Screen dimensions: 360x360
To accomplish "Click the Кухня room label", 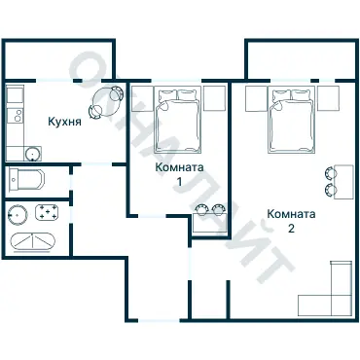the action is (x=64, y=122).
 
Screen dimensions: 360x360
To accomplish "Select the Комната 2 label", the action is (x=291, y=221).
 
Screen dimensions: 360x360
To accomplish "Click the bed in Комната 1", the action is (x=178, y=120).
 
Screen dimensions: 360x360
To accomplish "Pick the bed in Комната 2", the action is (x=291, y=120).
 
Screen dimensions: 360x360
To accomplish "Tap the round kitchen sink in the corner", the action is (x=33, y=154).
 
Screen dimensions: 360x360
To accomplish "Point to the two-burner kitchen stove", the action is (x=16, y=116).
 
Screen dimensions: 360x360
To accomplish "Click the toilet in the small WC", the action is (x=26, y=180).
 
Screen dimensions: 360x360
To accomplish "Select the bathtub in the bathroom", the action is (x=33, y=242).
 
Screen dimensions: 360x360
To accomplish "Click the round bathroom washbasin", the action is (x=18, y=215).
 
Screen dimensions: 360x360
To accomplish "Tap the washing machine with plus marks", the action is (x=48, y=212).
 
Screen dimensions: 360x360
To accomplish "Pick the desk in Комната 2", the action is (x=343, y=182).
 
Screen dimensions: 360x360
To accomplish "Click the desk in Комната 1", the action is (x=208, y=223).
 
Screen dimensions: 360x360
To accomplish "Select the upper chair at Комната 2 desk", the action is (x=331, y=172).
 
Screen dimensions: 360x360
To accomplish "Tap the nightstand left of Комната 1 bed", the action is (x=142, y=98).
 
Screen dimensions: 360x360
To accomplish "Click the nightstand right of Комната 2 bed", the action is (x=328, y=98).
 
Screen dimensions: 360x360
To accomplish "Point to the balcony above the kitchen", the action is (x=58, y=59).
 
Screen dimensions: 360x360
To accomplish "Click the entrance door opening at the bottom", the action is (x=159, y=320).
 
